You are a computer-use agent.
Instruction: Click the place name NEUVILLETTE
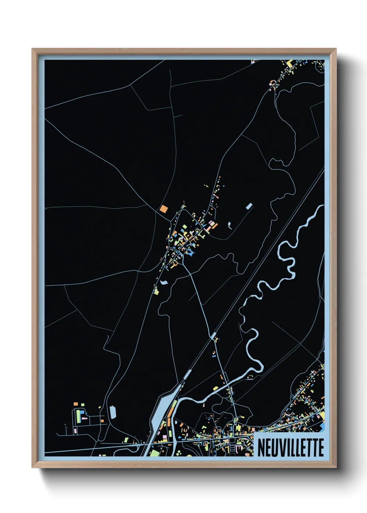291,447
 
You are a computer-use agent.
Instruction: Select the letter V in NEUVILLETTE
281,447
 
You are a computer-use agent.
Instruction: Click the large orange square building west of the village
164,209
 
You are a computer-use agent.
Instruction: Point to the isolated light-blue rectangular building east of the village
249,207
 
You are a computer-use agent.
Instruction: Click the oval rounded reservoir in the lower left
113,412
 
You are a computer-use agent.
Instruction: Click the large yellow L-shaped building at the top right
289,64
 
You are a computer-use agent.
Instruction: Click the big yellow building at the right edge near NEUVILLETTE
322,415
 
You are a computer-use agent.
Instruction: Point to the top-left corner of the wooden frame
33,49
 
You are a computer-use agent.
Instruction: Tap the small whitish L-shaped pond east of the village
230,225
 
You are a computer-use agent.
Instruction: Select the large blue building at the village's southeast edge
191,253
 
